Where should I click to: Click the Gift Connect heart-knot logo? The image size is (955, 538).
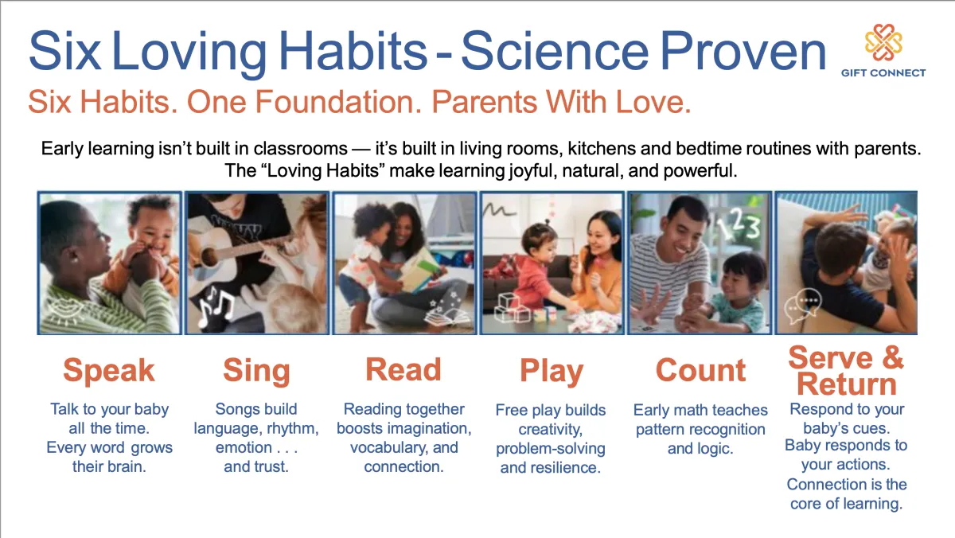883,43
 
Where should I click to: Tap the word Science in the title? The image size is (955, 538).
555,52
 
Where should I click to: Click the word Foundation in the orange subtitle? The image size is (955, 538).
304,103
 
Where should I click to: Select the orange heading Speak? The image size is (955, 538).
109,370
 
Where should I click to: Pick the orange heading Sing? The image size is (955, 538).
256,370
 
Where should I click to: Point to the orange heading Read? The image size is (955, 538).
403,369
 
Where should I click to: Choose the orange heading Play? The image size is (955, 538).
552,371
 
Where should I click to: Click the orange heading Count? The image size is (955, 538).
700,370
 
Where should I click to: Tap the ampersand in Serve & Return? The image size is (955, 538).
893,357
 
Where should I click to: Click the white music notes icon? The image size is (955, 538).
216,305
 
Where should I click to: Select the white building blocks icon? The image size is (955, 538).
512,308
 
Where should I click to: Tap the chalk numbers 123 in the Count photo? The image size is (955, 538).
739,224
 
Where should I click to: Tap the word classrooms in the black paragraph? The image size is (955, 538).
301,148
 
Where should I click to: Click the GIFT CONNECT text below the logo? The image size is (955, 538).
883,73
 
